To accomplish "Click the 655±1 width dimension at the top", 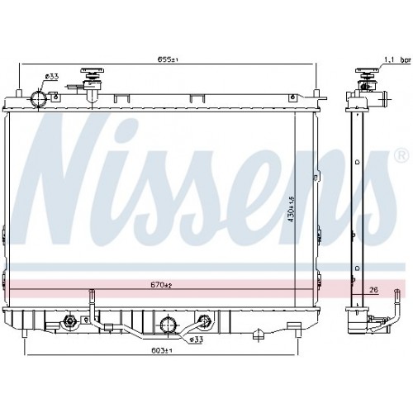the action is (x=168, y=59).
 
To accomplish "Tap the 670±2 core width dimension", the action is (x=161, y=285).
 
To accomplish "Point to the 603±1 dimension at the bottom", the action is (x=162, y=350).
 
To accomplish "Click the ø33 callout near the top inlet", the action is (x=52, y=77).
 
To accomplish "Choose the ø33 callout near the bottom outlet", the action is (x=197, y=339).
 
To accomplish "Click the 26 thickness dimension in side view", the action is (x=374, y=290).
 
